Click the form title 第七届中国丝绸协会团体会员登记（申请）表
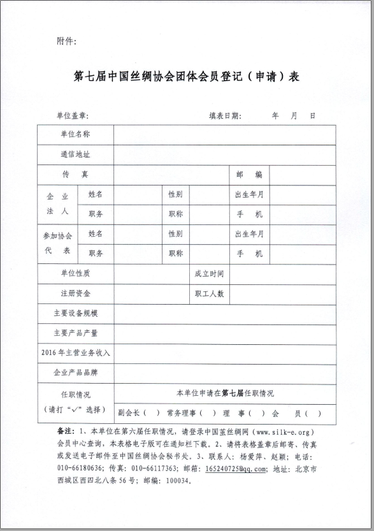point(187,76)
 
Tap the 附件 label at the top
point(66,41)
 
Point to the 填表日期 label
point(226,115)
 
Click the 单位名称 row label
point(75,135)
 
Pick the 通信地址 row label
point(75,154)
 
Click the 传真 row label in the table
point(75,175)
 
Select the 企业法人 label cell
point(57,205)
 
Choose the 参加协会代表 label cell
point(57,244)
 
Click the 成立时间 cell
point(209,273)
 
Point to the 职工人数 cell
point(209,294)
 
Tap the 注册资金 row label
point(75,294)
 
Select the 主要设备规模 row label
point(75,314)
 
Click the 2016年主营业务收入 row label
point(75,353)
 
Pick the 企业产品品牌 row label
point(75,372)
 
